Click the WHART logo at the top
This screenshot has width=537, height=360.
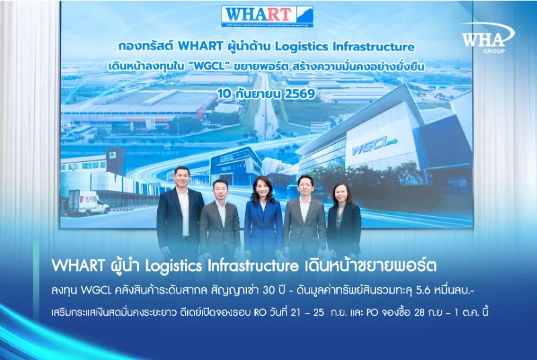[x=267, y=16]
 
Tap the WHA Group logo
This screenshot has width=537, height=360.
[x=487, y=38]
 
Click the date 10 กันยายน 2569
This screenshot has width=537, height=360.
[x=266, y=93]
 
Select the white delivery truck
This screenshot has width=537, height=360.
[x=88, y=203]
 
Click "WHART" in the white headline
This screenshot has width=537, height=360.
[x=78, y=265]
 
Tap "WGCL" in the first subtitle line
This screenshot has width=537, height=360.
[x=96, y=290]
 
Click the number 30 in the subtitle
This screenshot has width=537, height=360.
[x=269, y=290]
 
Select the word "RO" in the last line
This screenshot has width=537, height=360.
[x=260, y=312]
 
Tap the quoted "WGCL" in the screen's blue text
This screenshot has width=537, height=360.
[x=209, y=66]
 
